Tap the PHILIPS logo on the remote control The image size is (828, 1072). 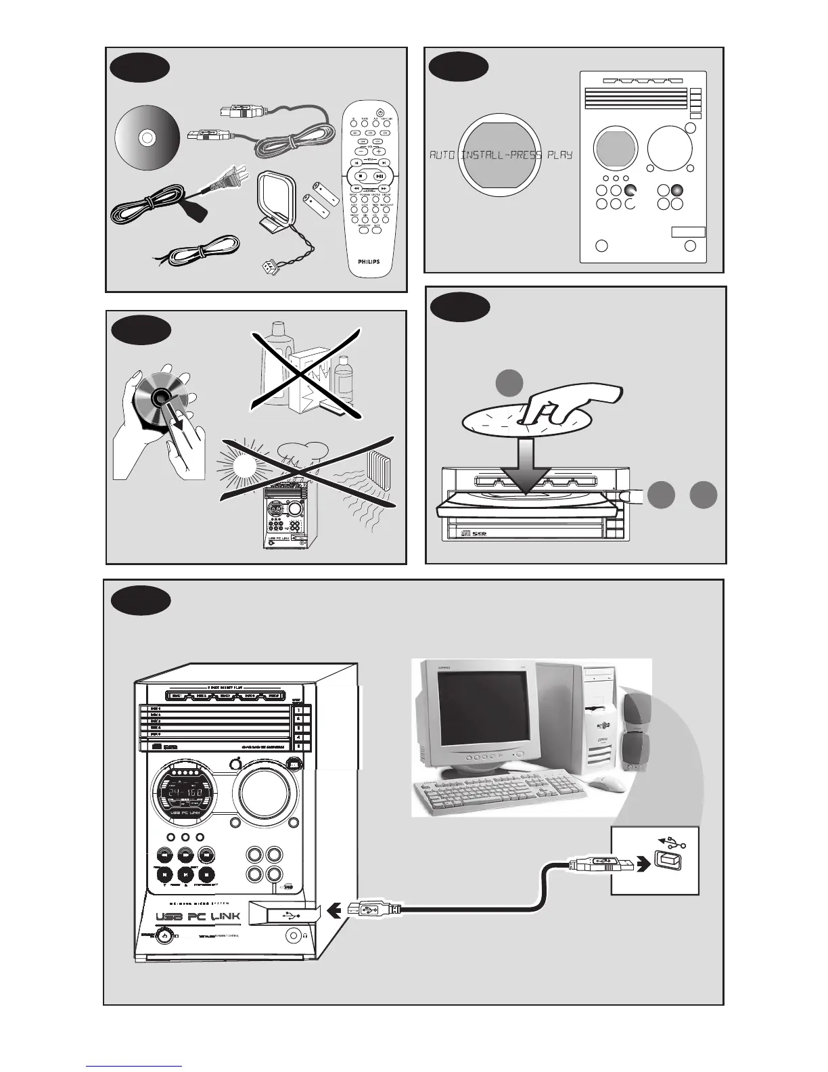click(369, 261)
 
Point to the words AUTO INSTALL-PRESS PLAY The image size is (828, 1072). click(501, 155)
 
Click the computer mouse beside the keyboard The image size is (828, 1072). click(609, 783)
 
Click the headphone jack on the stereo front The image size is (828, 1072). click(294, 936)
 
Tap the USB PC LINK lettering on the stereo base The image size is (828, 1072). click(198, 917)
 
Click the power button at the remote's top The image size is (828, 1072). click(380, 112)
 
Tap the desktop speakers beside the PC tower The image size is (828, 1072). click(636, 734)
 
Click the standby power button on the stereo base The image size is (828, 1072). click(162, 937)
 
